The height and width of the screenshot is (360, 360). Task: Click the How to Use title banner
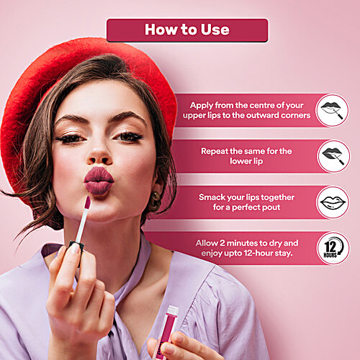pyautogui.click(x=187, y=30)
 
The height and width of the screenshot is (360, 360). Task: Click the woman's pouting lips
pyautogui.click(x=99, y=181)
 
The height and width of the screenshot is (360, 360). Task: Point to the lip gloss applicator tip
pyautogui.click(x=88, y=202)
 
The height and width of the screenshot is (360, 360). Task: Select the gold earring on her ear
pyautogui.click(x=155, y=199)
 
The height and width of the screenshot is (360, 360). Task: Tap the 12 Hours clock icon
pyautogui.click(x=333, y=248)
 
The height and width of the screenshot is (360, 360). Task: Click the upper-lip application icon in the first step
pyautogui.click(x=332, y=110)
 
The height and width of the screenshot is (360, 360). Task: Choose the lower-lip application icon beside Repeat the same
pyautogui.click(x=333, y=156)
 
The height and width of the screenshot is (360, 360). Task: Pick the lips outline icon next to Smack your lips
pyautogui.click(x=333, y=202)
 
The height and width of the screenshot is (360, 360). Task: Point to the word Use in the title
pyautogui.click(x=215, y=30)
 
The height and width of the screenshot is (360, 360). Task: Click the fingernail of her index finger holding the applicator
pyautogui.click(x=75, y=248)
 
